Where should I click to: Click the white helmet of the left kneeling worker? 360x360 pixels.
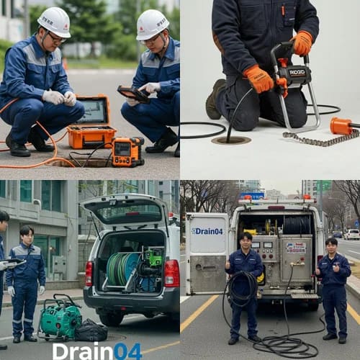pos(55,22)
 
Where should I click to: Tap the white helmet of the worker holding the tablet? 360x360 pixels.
pos(152,24)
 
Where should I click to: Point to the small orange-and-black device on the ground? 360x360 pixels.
pos(128,151)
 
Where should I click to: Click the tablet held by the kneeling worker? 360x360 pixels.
pos(135,94)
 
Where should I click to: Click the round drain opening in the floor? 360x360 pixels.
pos(231,140)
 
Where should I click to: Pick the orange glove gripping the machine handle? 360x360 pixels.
pos(302,42)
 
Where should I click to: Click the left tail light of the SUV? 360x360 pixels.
pos(89,274)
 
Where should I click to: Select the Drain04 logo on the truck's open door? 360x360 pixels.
pos(207,230)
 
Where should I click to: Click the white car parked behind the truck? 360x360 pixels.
pos(351,234)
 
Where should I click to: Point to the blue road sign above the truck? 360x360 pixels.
pos(252,195)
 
